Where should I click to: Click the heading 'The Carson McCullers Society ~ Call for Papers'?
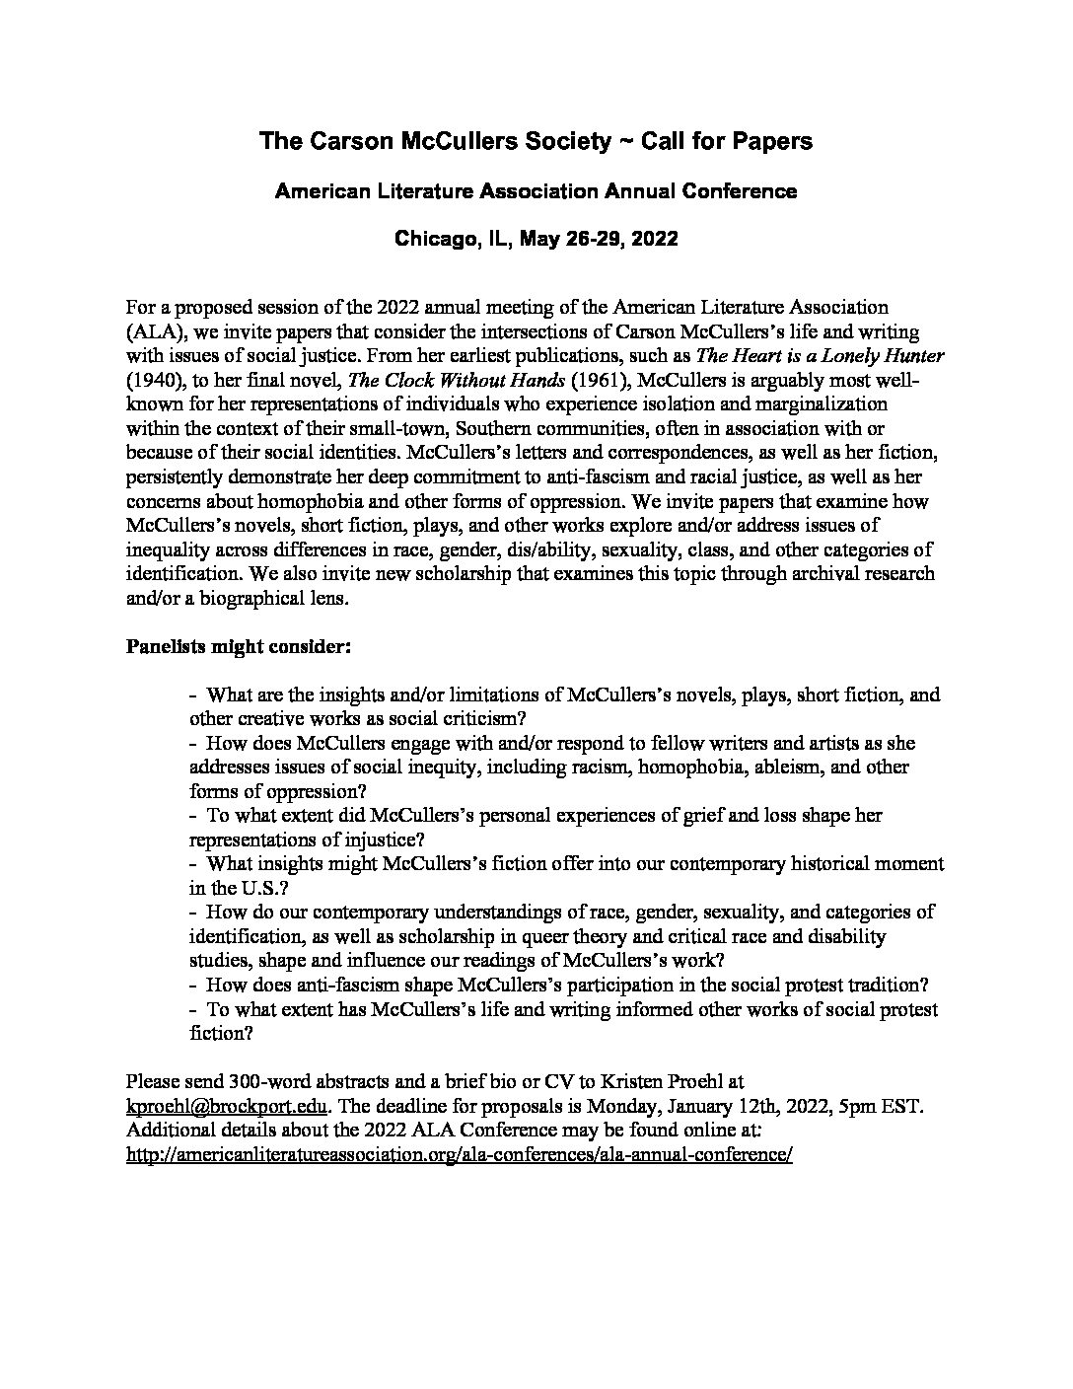(x=536, y=141)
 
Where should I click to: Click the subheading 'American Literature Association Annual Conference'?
(x=536, y=191)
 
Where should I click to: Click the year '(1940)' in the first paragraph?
(x=155, y=380)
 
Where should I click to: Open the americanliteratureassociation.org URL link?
(x=460, y=1154)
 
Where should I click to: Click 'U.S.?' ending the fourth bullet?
(x=246, y=888)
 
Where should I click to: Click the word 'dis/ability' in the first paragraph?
(x=544, y=549)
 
